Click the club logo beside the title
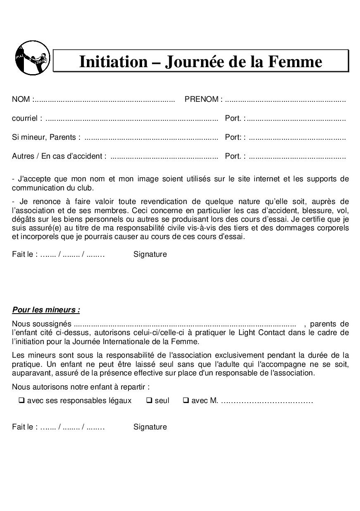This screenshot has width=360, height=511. (32, 58)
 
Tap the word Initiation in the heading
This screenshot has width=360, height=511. (113, 61)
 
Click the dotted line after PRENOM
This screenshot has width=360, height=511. (285, 100)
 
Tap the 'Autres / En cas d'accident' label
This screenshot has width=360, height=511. (59, 156)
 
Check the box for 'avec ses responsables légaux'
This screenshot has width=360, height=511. (21, 400)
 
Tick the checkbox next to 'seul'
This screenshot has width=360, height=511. (149, 400)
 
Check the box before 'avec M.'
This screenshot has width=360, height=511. (186, 400)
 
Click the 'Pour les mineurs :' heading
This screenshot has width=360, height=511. (46, 309)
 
